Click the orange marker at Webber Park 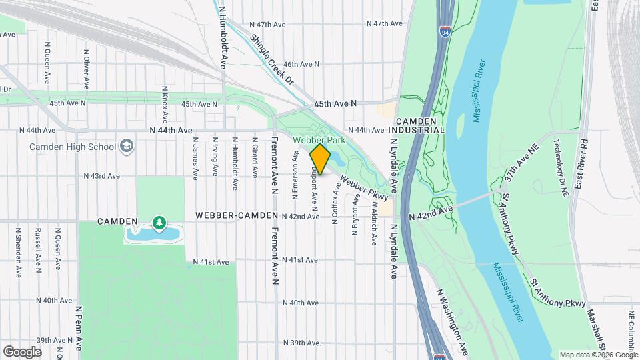pyautogui.click(x=320, y=159)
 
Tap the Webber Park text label pyautogui.click(x=319, y=141)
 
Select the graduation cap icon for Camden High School pyautogui.click(x=125, y=146)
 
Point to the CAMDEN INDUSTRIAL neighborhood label pyautogui.click(x=419, y=125)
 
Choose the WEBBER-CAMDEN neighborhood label pyautogui.click(x=237, y=217)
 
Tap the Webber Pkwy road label pyautogui.click(x=363, y=187)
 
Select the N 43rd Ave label pyautogui.click(x=101, y=176)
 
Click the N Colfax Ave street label pyautogui.click(x=335, y=204)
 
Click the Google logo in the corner pyautogui.click(x=22, y=351)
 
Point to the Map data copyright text pyautogui.click(x=598, y=355)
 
